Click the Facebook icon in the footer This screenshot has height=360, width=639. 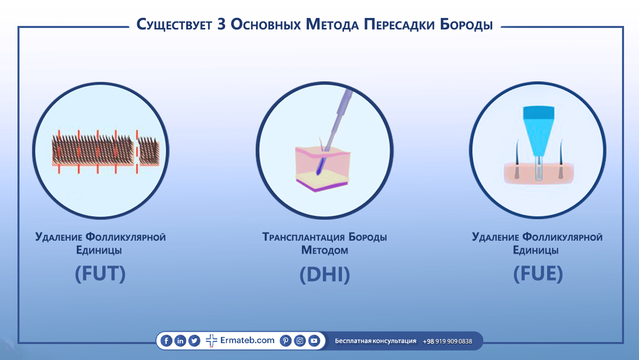coord(166,341)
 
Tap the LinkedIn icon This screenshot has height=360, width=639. coord(180,341)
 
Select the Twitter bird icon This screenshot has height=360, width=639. coord(194,341)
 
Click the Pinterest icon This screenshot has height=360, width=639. coord(286,341)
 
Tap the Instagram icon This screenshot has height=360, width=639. coord(300,341)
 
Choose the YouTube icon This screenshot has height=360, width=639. coord(314,341)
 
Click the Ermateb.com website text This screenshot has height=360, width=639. coord(247,340)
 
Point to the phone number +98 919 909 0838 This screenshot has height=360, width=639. coord(447,341)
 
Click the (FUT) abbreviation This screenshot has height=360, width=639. coord(100,274)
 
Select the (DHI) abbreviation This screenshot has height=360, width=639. coord(324,275)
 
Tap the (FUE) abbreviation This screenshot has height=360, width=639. coord(538,274)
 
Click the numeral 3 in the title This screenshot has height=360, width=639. coord(221,24)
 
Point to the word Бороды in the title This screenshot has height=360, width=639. coord(466,24)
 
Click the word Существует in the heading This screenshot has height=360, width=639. coord(174,24)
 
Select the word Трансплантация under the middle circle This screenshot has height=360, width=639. coord(303,237)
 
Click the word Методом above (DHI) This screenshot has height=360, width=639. coord(324,251)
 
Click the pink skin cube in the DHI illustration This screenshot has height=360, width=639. coord(322,168)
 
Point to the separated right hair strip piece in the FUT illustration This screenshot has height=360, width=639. coord(149,151)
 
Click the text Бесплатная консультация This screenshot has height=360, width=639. coord(375,341)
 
